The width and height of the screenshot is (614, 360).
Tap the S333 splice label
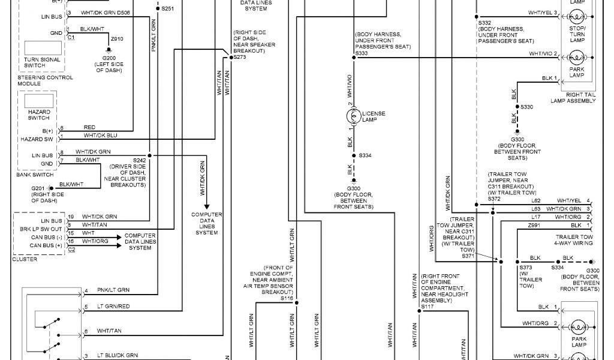point(362,53)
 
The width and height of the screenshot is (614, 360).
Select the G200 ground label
point(109,58)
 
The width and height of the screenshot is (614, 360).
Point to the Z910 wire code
point(116,39)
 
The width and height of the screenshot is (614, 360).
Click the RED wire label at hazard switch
point(89,127)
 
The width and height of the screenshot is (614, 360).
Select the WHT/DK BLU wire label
point(100,136)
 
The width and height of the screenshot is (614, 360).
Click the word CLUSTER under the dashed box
point(24,259)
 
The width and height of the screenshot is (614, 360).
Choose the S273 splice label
point(240,57)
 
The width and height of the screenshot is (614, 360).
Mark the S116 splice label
point(287,298)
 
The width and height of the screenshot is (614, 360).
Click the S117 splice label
point(427,307)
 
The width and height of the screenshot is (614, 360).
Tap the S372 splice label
point(494,199)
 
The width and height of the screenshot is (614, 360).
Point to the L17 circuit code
point(536,217)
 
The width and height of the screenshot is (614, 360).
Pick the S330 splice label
point(526,107)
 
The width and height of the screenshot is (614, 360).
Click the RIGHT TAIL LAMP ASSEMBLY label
point(573,98)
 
